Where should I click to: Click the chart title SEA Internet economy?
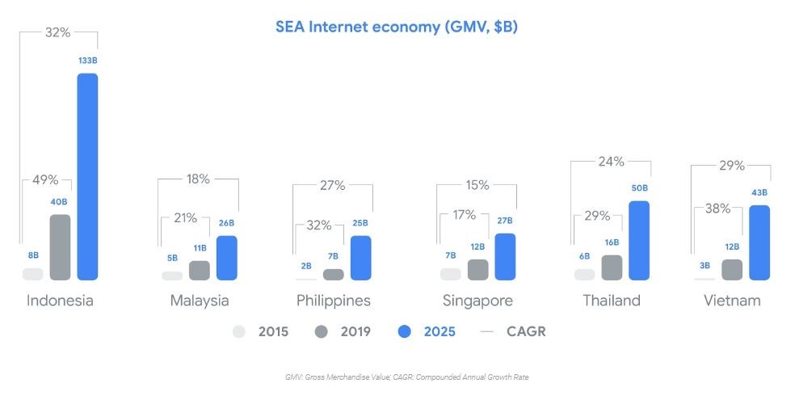click(x=397, y=27)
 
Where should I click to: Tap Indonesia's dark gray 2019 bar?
click(x=60, y=247)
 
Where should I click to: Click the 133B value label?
click(x=87, y=61)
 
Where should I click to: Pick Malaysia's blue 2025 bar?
click(x=227, y=258)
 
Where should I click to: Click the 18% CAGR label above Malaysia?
click(x=199, y=179)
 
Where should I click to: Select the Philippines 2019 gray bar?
click(x=333, y=274)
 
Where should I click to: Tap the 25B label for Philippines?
click(x=360, y=223)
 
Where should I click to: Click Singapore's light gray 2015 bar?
click(x=450, y=274)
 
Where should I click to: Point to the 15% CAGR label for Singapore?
click(x=477, y=185)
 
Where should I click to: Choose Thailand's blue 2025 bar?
click(x=639, y=240)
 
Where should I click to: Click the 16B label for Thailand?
click(x=612, y=242)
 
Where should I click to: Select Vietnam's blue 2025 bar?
click(x=759, y=242)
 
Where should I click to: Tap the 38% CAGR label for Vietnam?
click(x=718, y=208)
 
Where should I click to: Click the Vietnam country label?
click(x=731, y=301)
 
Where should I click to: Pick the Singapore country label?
click(x=477, y=301)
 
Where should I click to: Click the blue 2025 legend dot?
click(x=406, y=331)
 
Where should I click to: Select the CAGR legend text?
click(x=526, y=331)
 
